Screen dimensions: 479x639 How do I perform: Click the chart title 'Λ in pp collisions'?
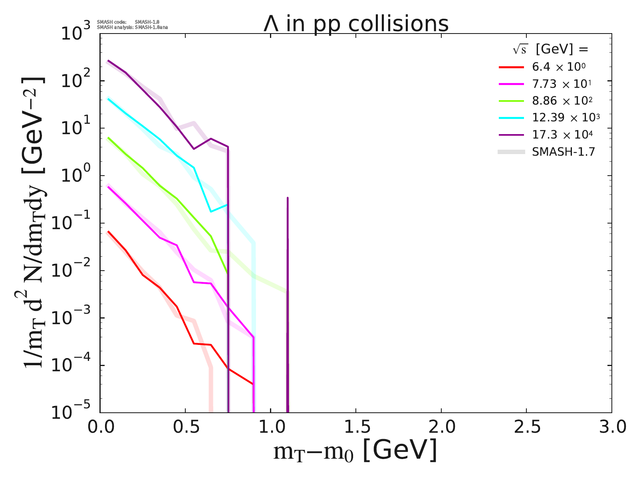[356, 24]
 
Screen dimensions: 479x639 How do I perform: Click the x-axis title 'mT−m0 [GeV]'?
[355, 451]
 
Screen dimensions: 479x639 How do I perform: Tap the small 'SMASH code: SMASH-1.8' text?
[128, 22]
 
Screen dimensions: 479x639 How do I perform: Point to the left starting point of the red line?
[108, 231]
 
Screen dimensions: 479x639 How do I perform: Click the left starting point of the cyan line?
[108, 99]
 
